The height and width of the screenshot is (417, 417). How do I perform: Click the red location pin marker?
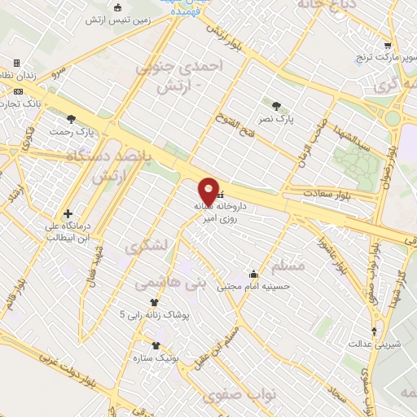coord(209,192)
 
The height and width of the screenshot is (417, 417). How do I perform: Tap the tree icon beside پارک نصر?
coord(276,106)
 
